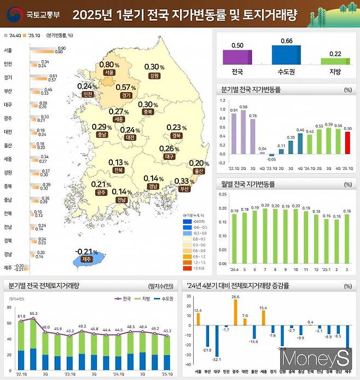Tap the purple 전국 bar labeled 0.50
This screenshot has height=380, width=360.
(238, 57)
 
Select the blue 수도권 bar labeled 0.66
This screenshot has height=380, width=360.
(286, 55)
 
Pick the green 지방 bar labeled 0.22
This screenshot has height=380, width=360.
(335, 61)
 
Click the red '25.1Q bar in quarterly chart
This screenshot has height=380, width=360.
(346, 143)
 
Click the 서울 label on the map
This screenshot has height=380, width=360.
(109, 72)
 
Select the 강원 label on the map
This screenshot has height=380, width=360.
(154, 76)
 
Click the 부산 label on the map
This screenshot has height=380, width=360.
(184, 189)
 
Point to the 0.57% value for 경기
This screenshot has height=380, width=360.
(126, 88)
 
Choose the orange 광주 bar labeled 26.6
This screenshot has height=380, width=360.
(235, 313)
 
